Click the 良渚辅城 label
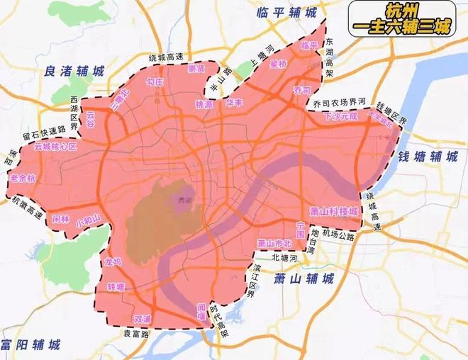tap(74, 72)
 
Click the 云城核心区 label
tap(56, 146)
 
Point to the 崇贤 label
tap(196, 69)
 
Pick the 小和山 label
tap(89, 221)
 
